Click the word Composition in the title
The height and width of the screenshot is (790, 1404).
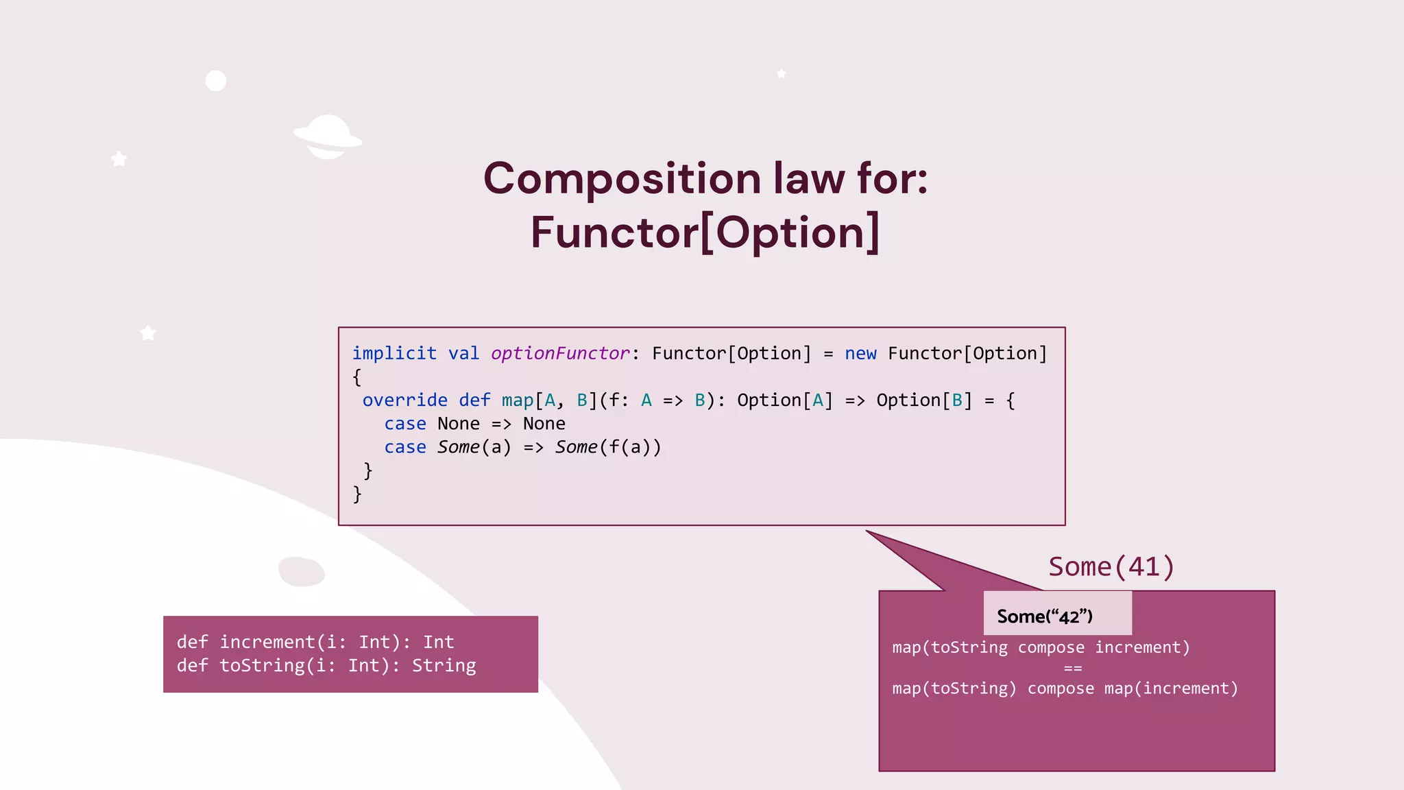pos(622,178)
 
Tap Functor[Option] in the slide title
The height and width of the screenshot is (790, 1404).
pos(705,232)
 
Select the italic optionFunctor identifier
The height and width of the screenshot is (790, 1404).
pos(560,353)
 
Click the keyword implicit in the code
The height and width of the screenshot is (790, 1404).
pos(394,353)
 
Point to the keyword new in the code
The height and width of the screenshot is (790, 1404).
pos(860,353)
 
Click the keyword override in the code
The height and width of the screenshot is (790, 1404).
pos(404,400)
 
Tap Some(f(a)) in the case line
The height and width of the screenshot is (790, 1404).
pos(608,447)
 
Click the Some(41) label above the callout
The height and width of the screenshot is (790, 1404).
pos(1111,567)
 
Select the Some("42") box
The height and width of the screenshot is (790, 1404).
pos(1056,614)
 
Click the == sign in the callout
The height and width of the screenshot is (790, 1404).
pos(1073,668)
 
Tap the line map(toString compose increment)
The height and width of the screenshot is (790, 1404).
pos(1041,647)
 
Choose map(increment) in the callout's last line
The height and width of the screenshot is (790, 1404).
pos(1171,689)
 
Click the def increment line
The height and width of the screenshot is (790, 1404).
pos(315,642)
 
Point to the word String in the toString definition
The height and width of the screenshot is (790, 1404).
pos(444,665)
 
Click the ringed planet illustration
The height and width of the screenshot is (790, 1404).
pos(328,136)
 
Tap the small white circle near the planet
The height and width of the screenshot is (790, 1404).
pos(216,81)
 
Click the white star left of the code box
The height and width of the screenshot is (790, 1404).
pos(148,333)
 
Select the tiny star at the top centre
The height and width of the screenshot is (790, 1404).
pos(782,73)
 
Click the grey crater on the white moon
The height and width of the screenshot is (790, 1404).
pos(302,571)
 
